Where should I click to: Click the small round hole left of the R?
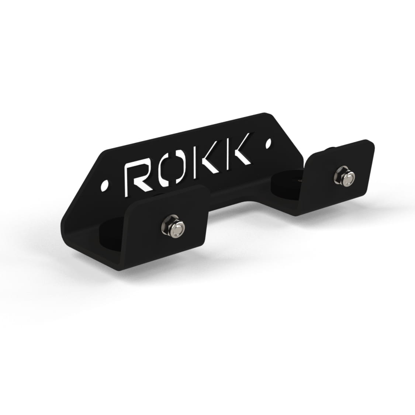(x=104, y=186)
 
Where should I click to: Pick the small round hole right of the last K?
(x=269, y=143)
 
